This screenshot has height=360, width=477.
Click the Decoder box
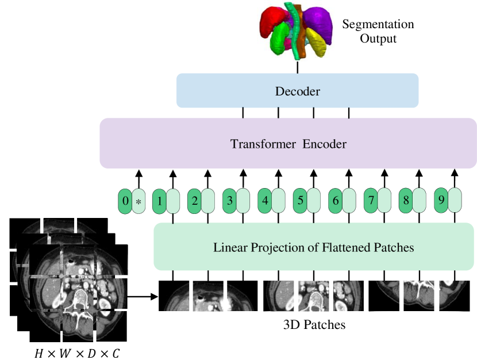(297, 90)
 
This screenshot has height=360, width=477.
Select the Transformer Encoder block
(288, 143)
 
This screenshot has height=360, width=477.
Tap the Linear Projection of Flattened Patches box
(314, 247)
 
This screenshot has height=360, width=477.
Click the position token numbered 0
(125, 201)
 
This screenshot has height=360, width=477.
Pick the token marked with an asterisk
(139, 201)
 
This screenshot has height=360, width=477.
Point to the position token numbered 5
(300, 200)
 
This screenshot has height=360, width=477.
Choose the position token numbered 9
(441, 200)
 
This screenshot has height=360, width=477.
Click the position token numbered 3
(230, 201)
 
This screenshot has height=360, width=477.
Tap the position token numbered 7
(371, 200)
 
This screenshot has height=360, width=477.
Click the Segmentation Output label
(378, 32)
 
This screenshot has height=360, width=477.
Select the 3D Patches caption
(314, 325)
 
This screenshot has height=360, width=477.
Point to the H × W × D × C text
(77, 353)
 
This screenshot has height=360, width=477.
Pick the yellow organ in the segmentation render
(317, 42)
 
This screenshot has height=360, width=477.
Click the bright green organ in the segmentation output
(280, 38)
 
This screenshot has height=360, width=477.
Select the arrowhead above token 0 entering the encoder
(139, 174)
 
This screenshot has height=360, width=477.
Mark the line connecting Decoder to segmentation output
(297, 67)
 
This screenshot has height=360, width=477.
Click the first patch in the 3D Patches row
(174, 296)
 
